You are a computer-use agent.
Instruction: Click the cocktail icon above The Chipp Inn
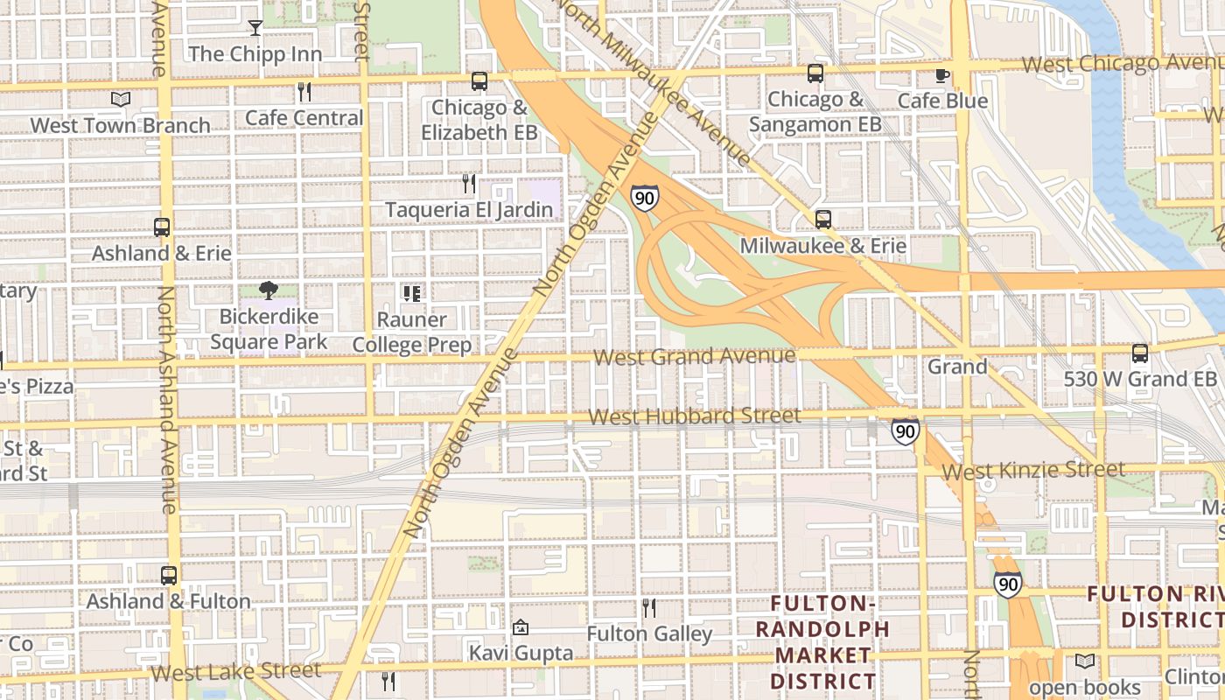click(x=255, y=28)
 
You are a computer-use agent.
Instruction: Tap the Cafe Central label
click(x=304, y=117)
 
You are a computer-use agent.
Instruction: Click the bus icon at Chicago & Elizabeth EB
click(x=479, y=81)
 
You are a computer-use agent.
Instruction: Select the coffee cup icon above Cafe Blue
click(x=942, y=75)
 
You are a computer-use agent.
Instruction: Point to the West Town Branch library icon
click(x=121, y=100)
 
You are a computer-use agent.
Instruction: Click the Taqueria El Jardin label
click(x=470, y=210)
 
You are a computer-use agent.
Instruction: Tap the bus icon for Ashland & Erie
click(x=162, y=227)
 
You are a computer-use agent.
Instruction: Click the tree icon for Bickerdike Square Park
click(x=269, y=290)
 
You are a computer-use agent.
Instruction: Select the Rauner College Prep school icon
click(x=411, y=293)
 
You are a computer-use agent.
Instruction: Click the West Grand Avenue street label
click(x=695, y=357)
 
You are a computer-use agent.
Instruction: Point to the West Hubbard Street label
click(x=695, y=416)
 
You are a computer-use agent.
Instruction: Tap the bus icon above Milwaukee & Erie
click(x=823, y=220)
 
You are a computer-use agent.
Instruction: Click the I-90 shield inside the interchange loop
click(x=645, y=198)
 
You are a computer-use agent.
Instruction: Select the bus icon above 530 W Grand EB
click(x=1140, y=353)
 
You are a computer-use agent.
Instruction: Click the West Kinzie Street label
click(x=1033, y=471)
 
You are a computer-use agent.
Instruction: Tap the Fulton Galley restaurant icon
click(x=648, y=608)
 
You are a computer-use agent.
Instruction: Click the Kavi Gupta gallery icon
click(x=521, y=627)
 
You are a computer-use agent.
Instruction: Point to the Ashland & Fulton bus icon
click(x=169, y=576)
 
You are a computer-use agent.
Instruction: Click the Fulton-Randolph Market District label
click(x=822, y=641)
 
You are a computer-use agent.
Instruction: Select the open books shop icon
click(x=1085, y=661)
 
